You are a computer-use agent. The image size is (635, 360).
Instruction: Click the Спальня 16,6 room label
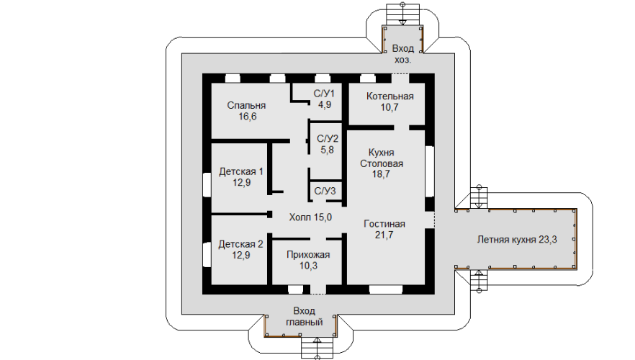pos(242,110)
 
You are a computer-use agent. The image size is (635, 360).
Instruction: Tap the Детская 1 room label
pos(241,177)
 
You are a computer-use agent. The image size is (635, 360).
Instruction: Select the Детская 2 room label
pos(241,249)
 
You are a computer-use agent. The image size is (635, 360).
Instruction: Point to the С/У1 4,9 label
pos(324,99)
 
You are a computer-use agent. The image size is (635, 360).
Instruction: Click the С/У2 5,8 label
pos(328,144)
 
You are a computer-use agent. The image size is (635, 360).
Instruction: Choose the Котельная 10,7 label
pos(389,102)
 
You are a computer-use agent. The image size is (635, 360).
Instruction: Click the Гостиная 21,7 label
pos(384,229)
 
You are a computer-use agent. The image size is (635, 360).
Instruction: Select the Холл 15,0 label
pos(310,217)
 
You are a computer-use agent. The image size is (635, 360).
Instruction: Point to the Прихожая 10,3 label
pos(308,260)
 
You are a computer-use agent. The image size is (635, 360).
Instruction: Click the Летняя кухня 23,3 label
pos(516,240)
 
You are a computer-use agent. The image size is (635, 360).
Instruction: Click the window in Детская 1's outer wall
pos(207,184)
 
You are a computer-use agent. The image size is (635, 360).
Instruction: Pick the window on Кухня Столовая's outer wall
pos(431,171)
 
